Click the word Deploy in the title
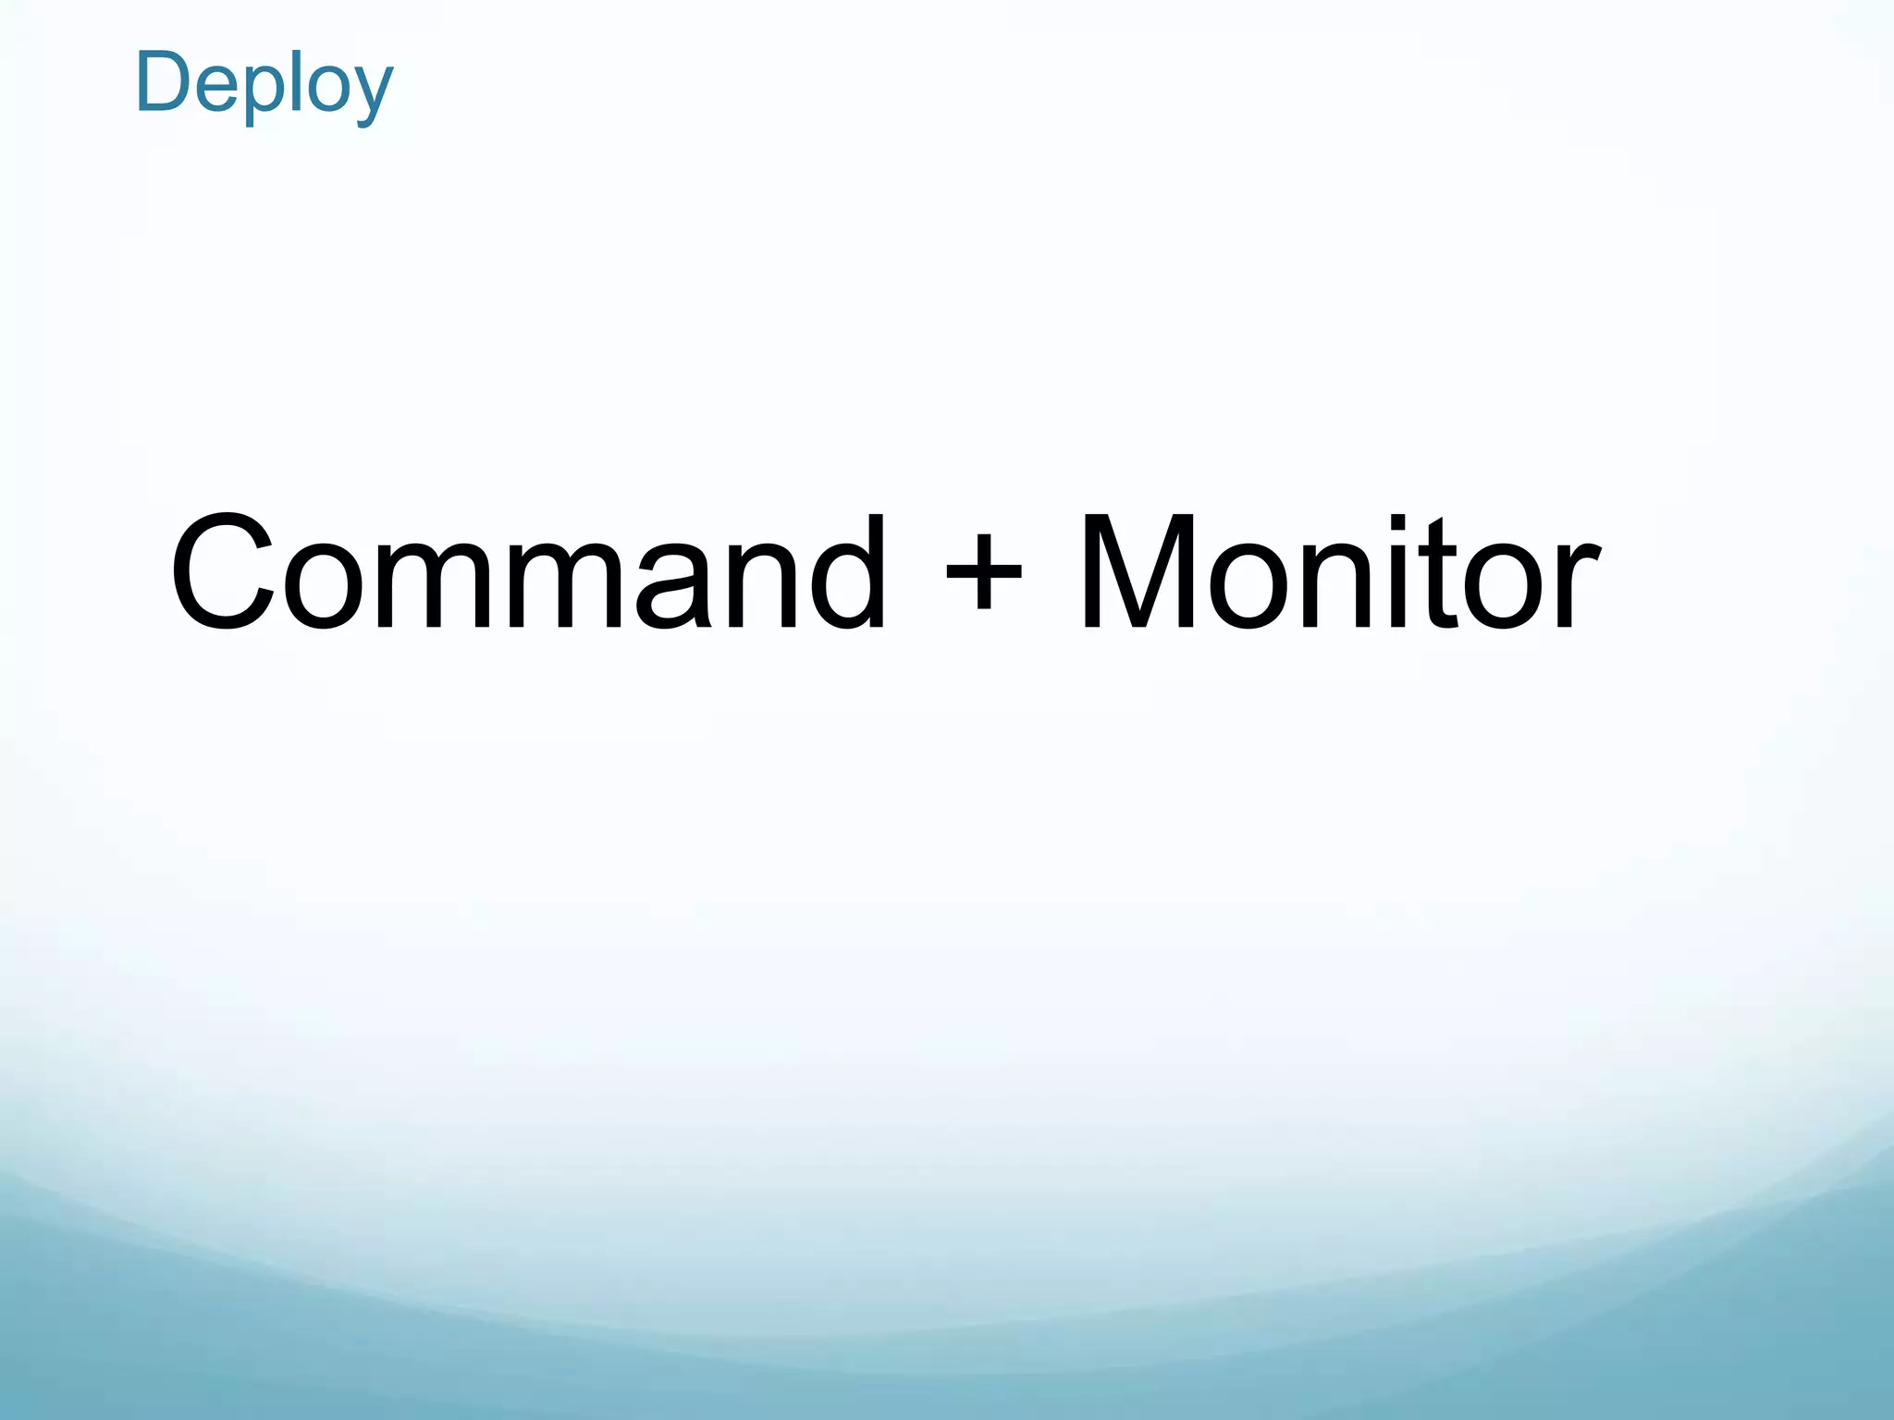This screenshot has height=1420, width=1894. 264,85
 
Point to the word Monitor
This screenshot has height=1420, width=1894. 1339,571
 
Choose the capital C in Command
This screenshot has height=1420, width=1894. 223,571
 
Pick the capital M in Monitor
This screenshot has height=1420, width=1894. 1137,571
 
